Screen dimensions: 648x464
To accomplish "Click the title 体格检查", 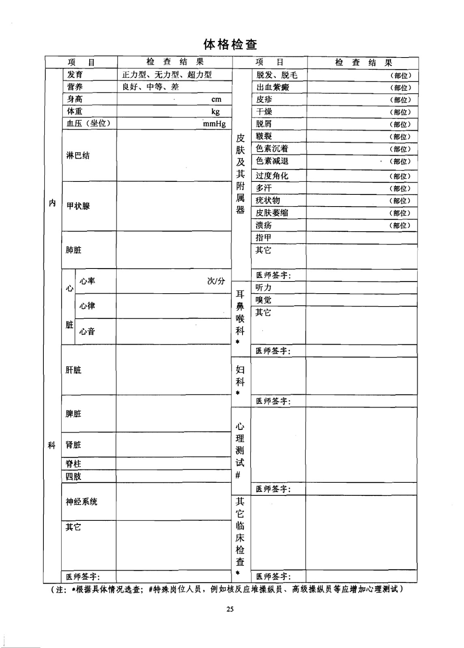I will point(230,44).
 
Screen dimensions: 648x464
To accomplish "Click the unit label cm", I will point(216,99).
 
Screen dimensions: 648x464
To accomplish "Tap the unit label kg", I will point(215,112).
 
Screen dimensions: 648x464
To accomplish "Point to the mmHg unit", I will point(214,124).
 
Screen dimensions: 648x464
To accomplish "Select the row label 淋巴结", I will point(78,156).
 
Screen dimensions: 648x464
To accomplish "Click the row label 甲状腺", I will point(78,206).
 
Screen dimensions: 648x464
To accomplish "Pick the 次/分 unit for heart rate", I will point(216,281).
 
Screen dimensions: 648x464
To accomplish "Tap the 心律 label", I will point(87,306).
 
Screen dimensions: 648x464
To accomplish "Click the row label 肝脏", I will point(73,370).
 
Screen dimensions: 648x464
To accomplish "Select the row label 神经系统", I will point(82,502).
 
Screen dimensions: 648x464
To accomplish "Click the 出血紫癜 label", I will point(273,87).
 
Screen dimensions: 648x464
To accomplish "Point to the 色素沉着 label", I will point(272,149).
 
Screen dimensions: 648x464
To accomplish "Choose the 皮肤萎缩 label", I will point(272,213).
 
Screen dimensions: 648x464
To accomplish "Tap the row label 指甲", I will point(263,238).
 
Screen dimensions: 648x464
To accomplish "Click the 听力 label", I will point(263,288).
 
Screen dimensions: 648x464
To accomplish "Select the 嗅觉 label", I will point(263,300).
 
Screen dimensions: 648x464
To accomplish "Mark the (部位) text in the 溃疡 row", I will point(400,225).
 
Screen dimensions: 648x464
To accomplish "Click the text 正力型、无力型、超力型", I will point(167,75).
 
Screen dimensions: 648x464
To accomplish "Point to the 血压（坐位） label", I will point(88,124).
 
